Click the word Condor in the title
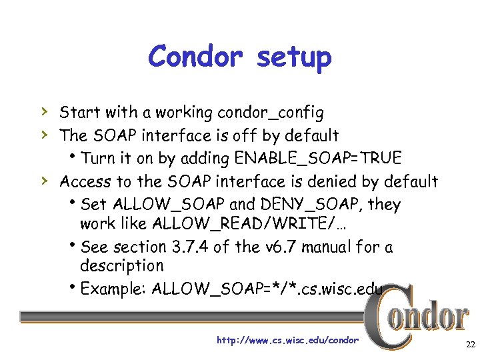[196, 57]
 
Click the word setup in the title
[293, 58]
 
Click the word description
[121, 266]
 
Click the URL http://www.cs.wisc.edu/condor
[287, 341]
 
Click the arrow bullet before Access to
[43, 181]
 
